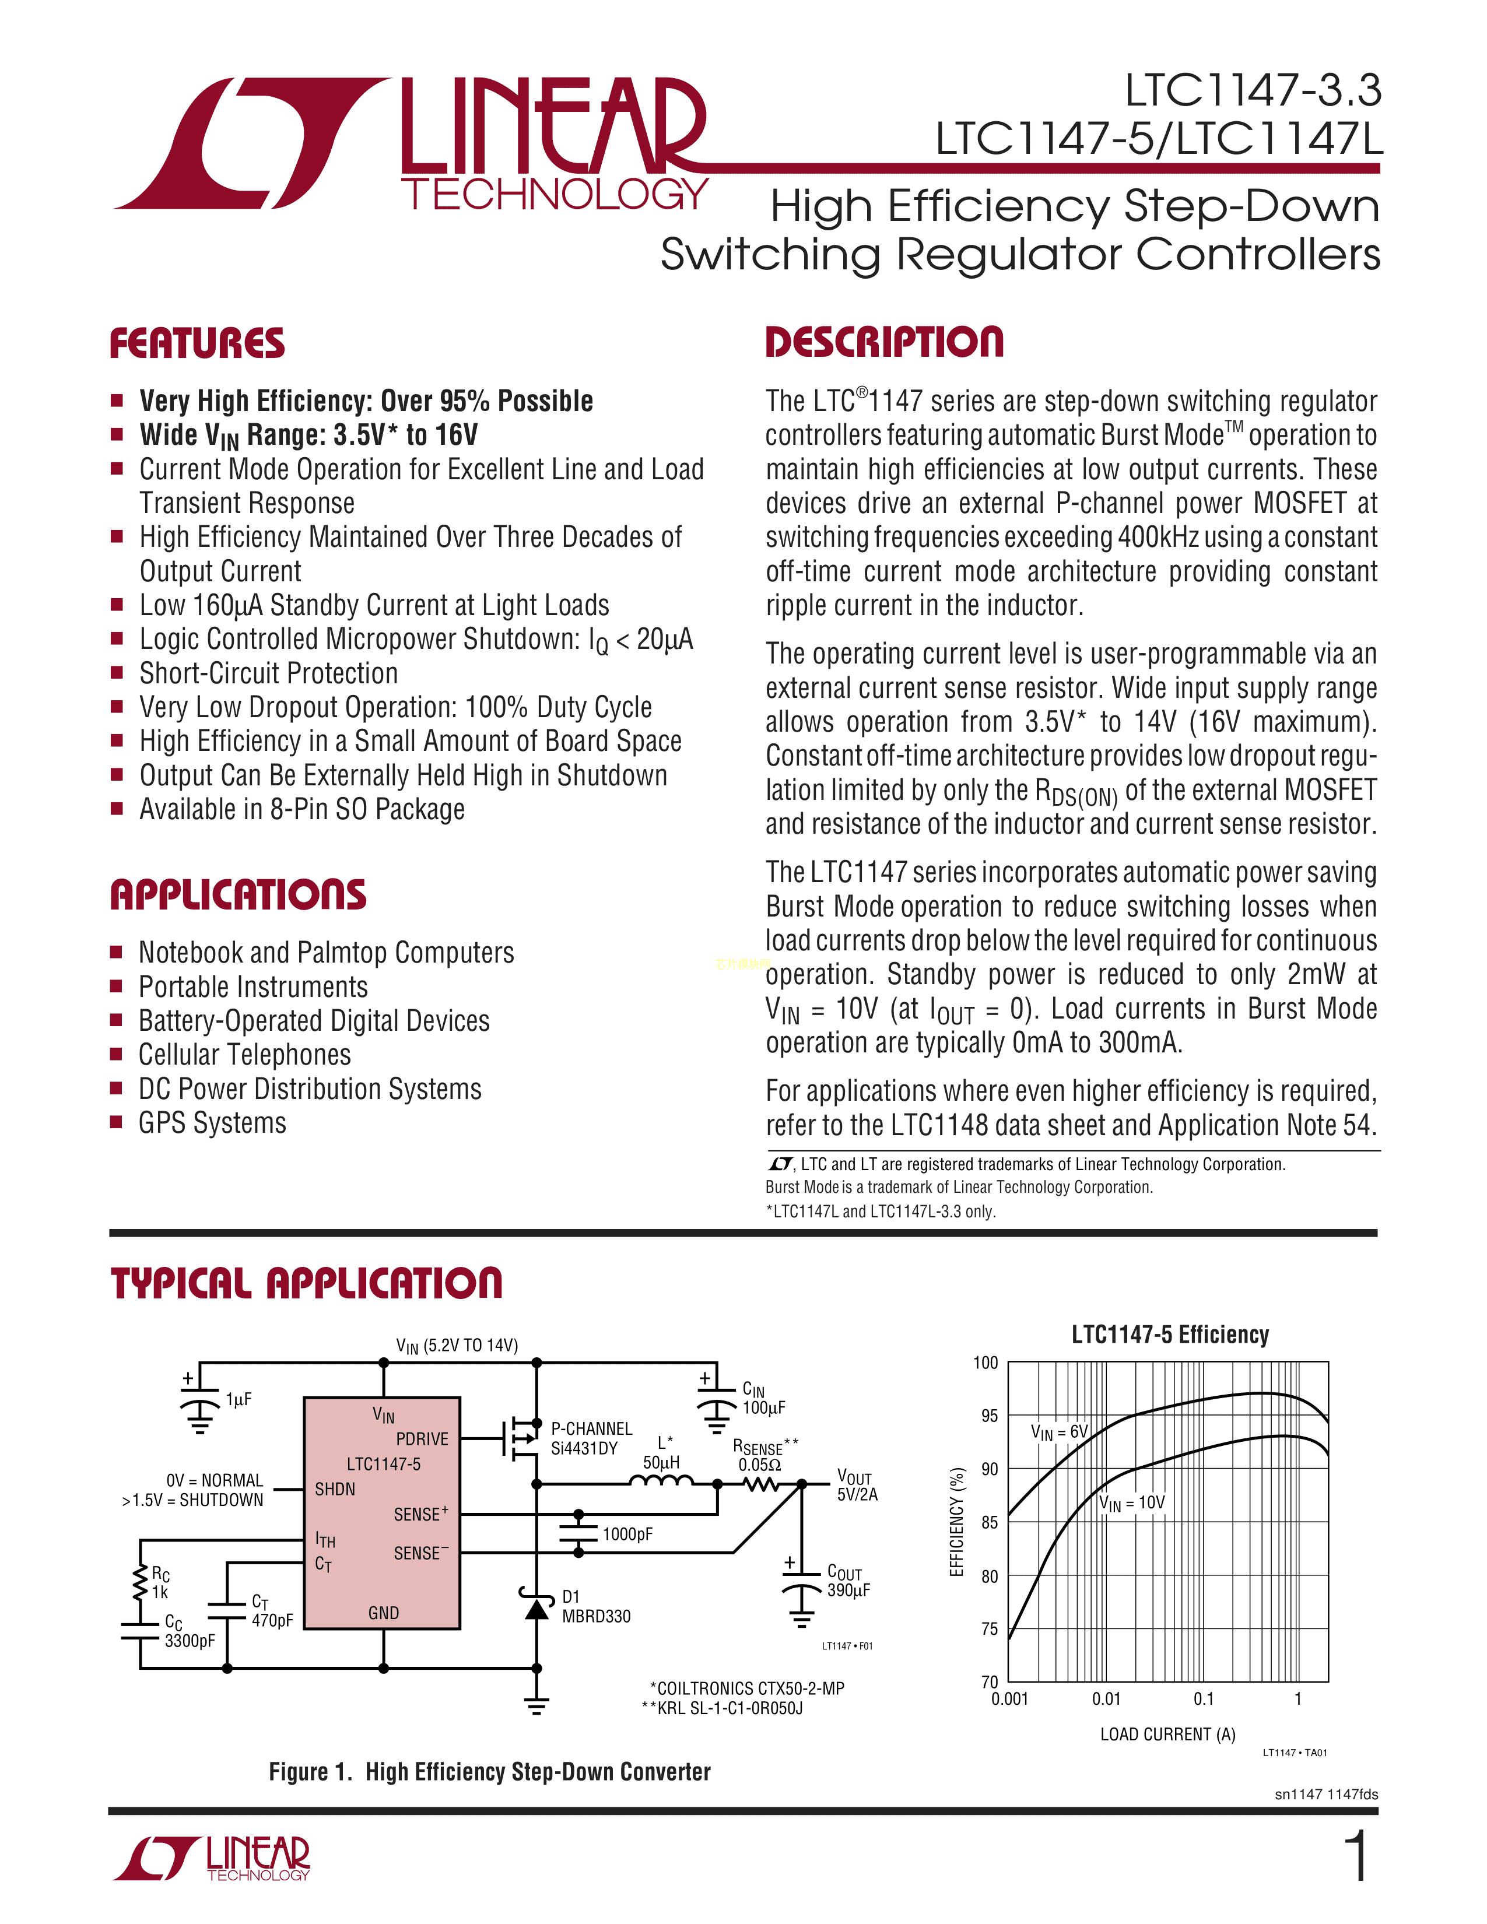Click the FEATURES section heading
(x=197, y=343)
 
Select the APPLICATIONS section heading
(x=238, y=894)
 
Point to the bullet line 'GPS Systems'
(x=212, y=1123)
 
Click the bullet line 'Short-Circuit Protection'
(x=269, y=673)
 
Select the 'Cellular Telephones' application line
(x=245, y=1055)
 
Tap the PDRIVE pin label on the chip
(x=422, y=1438)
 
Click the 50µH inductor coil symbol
(x=661, y=1483)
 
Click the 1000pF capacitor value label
(x=627, y=1534)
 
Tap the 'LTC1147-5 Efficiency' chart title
(x=1170, y=1335)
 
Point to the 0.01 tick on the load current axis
(x=1106, y=1698)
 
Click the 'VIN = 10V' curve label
(x=1132, y=1503)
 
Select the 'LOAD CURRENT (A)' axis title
(x=1167, y=1734)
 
